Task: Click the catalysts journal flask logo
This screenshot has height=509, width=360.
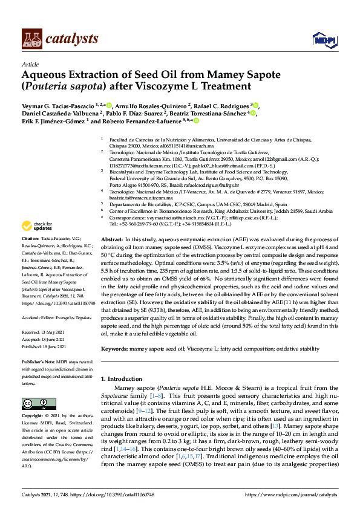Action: [32, 39]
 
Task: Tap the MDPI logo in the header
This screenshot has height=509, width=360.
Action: [321, 39]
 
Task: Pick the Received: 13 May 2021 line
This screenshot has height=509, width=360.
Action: [44, 332]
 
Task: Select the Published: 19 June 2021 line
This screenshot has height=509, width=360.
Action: [45, 347]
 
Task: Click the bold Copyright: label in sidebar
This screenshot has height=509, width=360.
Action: [34, 416]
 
